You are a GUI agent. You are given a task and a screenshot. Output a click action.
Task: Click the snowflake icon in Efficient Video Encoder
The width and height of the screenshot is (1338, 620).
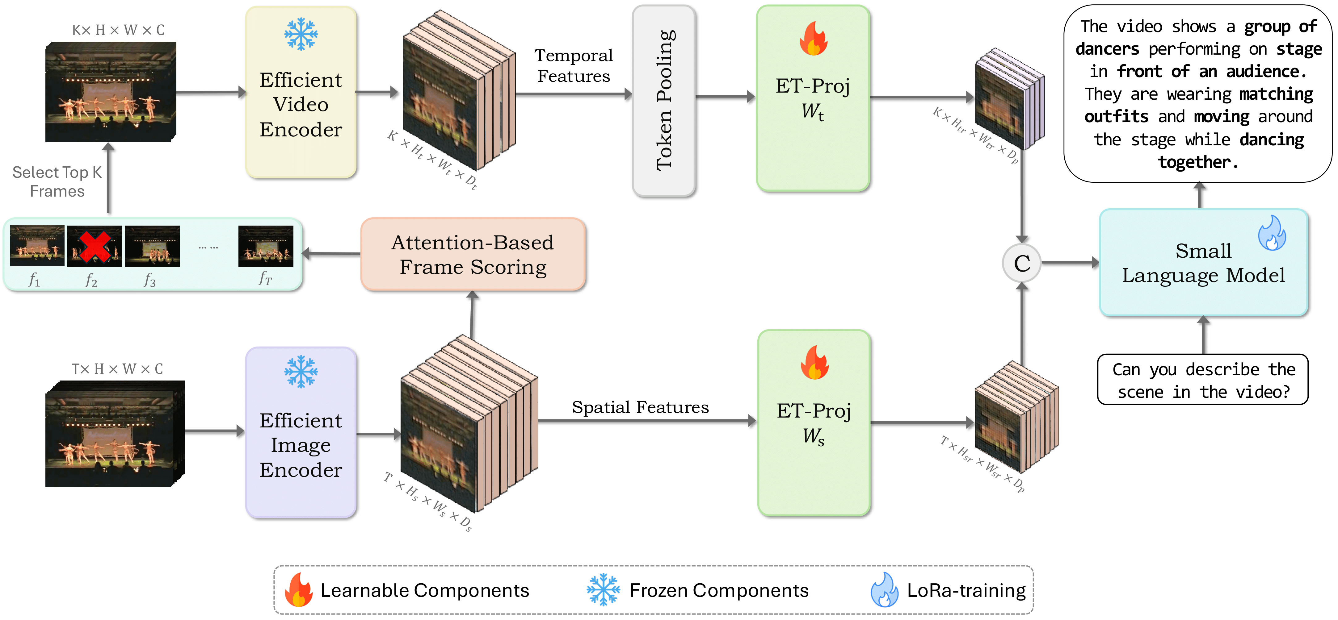coord(301,34)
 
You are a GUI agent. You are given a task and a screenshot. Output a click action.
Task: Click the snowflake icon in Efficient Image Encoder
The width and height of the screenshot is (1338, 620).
coord(301,372)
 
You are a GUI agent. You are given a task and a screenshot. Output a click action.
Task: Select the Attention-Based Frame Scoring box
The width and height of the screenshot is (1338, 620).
coord(473,254)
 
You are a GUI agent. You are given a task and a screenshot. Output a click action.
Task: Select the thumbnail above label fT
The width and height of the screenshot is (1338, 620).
coord(265,246)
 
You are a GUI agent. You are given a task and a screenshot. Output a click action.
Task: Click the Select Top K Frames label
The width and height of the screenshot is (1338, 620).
coord(57,181)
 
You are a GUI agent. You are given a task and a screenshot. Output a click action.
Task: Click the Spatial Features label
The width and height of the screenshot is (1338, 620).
coord(640,407)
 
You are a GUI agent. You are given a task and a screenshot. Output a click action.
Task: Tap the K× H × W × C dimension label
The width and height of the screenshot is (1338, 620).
coord(118,30)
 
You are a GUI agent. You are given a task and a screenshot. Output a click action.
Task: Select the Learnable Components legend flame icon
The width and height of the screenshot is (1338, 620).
coord(299,590)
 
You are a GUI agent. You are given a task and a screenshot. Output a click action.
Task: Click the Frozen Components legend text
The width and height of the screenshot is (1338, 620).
coord(719,590)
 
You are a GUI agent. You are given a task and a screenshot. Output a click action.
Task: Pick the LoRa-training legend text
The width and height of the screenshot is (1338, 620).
coord(966,590)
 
